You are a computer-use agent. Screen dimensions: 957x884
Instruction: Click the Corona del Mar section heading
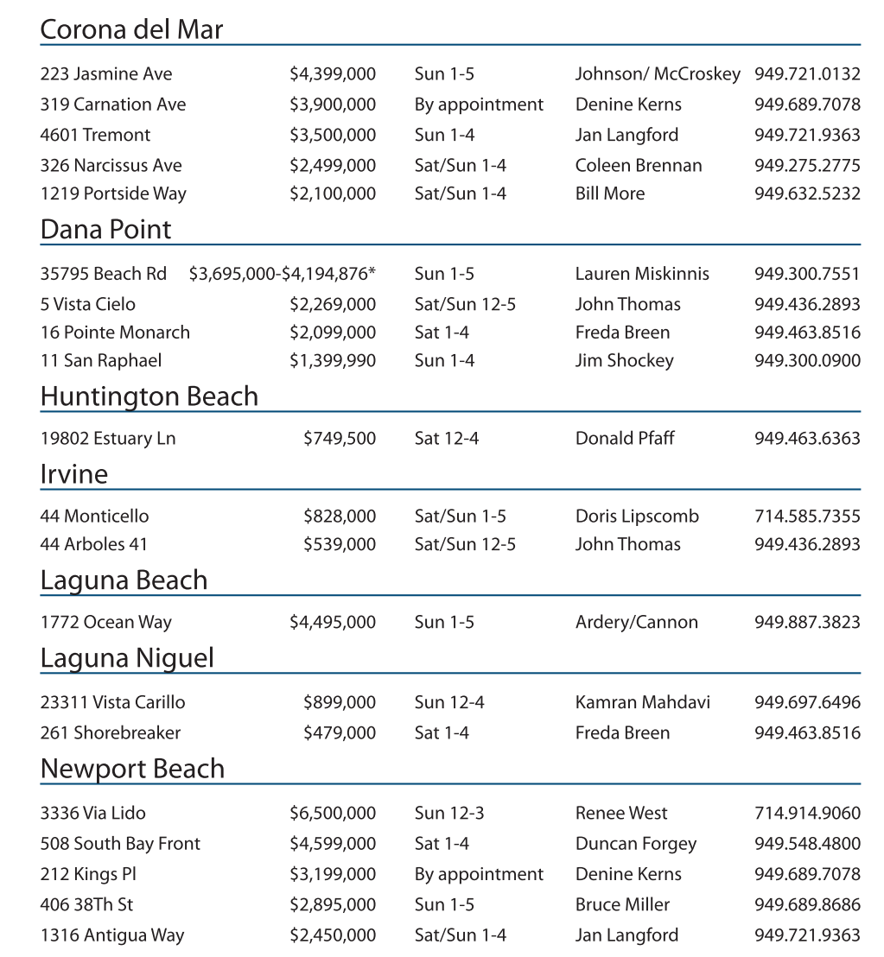pyautogui.click(x=131, y=29)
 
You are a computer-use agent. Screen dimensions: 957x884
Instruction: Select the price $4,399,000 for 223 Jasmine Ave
pyautogui.click(x=332, y=74)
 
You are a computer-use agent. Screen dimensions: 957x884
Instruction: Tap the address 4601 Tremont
pyautogui.click(x=95, y=135)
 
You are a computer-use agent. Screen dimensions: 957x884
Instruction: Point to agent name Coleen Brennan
pyautogui.click(x=638, y=165)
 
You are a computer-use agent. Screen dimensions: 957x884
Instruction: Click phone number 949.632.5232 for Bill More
pyautogui.click(x=806, y=193)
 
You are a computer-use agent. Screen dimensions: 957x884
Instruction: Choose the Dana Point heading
pyautogui.click(x=105, y=229)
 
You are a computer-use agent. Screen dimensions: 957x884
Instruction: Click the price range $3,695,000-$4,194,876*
pyautogui.click(x=283, y=274)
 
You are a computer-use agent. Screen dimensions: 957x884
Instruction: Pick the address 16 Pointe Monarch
pyautogui.click(x=115, y=332)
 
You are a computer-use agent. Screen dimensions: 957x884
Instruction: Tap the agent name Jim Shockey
pyautogui.click(x=624, y=360)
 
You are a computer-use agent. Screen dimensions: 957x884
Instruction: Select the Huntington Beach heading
pyautogui.click(x=149, y=396)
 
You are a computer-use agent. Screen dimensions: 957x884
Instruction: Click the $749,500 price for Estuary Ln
pyautogui.click(x=340, y=439)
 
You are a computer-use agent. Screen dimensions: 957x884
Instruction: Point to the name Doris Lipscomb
pyautogui.click(x=637, y=517)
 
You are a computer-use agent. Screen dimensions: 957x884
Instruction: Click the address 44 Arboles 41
pyautogui.click(x=93, y=544)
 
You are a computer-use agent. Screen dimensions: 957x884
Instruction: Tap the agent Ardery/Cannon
pyautogui.click(x=636, y=622)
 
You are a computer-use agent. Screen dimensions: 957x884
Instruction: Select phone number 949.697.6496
pyautogui.click(x=806, y=702)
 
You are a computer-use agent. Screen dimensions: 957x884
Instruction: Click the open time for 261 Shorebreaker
pyautogui.click(x=442, y=732)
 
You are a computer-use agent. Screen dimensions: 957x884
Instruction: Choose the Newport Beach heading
pyautogui.click(x=132, y=769)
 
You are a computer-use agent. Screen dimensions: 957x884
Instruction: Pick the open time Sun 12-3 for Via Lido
pyautogui.click(x=449, y=813)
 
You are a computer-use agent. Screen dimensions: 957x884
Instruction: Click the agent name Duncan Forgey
pyautogui.click(x=635, y=843)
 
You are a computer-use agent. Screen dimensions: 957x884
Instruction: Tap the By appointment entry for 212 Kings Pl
pyautogui.click(x=479, y=874)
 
